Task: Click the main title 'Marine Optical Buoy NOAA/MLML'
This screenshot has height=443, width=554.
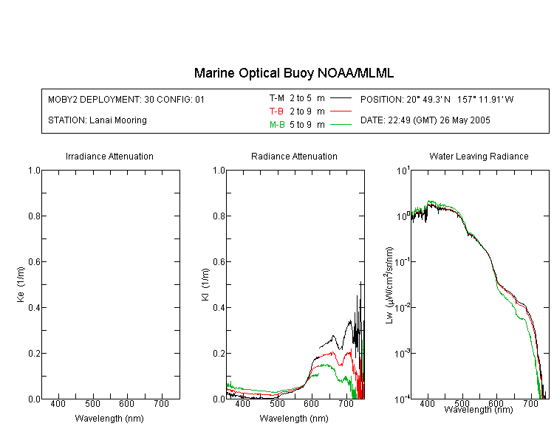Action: (x=293, y=73)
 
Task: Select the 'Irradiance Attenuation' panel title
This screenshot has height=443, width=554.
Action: (x=109, y=156)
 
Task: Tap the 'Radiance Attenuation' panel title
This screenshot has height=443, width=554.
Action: (x=294, y=156)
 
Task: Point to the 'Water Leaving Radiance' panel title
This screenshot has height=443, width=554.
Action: (x=479, y=156)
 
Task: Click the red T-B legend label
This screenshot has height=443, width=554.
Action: (x=276, y=111)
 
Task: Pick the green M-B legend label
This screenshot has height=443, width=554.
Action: (x=277, y=125)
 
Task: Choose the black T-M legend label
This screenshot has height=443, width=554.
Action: (x=277, y=98)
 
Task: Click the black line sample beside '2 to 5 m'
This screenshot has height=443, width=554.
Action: (x=341, y=98)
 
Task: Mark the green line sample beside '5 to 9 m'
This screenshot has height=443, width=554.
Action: (x=341, y=124)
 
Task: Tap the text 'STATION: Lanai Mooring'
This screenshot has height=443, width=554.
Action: (x=98, y=120)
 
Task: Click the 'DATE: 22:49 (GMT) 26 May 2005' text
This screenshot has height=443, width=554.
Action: (x=425, y=120)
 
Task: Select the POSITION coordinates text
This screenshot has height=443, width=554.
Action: (x=437, y=99)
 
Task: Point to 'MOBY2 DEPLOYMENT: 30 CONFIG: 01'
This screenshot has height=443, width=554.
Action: (x=126, y=99)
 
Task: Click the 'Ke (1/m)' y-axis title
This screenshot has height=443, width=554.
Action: (x=21, y=284)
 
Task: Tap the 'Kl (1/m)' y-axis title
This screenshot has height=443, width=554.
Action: (x=205, y=284)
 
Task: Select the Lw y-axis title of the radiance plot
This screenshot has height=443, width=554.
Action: (x=389, y=285)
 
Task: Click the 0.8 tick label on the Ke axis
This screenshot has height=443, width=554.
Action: (x=34, y=216)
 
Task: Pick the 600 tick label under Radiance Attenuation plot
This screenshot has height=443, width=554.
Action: (x=311, y=403)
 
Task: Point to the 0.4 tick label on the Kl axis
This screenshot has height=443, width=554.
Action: (x=219, y=307)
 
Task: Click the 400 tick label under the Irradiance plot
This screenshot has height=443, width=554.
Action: (x=58, y=403)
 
